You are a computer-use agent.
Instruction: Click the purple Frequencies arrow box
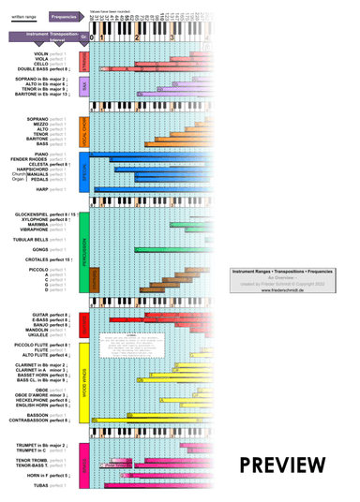pyautogui.click(x=63, y=17)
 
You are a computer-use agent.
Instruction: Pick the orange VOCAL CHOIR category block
pyautogui.click(x=84, y=132)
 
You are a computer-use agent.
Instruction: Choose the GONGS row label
pyautogui.click(x=55, y=249)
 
